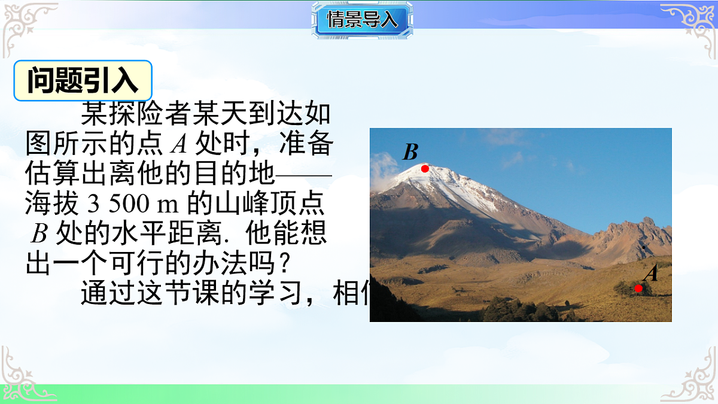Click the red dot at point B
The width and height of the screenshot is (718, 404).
click(x=425, y=169)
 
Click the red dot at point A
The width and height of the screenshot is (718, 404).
click(x=638, y=288)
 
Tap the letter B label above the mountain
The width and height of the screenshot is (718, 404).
click(x=410, y=152)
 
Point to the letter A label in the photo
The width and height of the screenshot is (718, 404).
click(x=650, y=274)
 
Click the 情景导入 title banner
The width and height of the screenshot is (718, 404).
click(x=362, y=20)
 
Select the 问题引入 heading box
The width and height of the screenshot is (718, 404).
click(x=83, y=80)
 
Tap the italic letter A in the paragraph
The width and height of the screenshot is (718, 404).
click(x=178, y=145)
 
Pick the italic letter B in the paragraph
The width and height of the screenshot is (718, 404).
click(x=39, y=233)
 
